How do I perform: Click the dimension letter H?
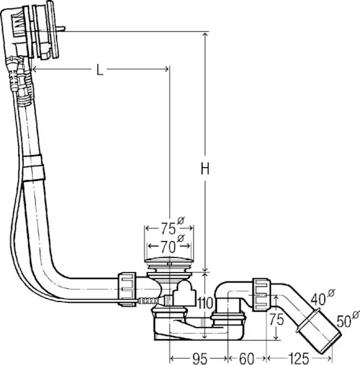click(205, 171)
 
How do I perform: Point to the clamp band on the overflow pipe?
click(33, 167)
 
